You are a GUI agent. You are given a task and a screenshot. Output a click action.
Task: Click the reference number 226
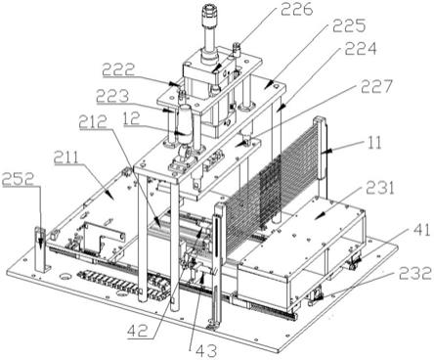click(x=297, y=9)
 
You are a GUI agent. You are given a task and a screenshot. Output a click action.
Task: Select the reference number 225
click(x=349, y=25)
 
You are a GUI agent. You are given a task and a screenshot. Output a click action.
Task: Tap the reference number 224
click(x=361, y=50)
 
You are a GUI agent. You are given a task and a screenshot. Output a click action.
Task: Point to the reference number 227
click(x=376, y=86)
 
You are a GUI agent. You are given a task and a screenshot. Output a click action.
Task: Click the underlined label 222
click(x=118, y=69)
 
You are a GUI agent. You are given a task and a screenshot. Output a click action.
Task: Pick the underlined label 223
click(x=112, y=97)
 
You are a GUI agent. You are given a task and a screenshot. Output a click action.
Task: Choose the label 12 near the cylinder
click(x=131, y=118)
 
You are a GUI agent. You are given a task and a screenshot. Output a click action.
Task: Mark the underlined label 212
click(x=93, y=121)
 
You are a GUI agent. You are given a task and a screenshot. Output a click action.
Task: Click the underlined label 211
click(x=66, y=157)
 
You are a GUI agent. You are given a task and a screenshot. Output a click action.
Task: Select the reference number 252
click(x=18, y=179)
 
